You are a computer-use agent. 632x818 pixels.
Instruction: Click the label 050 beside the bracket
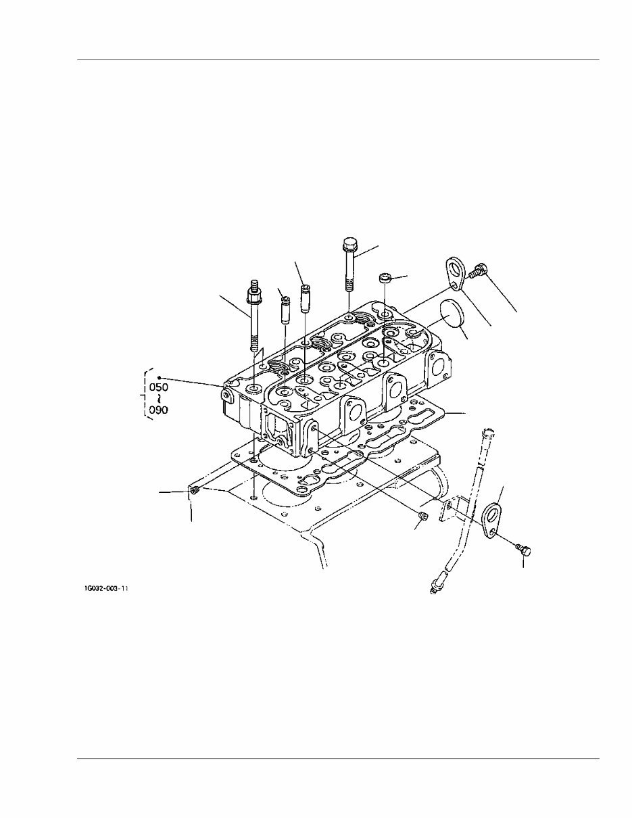pyautogui.click(x=158, y=387)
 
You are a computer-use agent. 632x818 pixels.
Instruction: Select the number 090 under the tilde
pyautogui.click(x=158, y=410)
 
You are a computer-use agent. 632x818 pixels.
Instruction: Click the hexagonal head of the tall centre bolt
pyautogui.click(x=349, y=243)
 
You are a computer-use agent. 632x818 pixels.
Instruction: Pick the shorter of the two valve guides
pyautogui.click(x=285, y=311)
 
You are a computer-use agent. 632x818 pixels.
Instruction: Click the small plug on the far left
pyautogui.click(x=194, y=490)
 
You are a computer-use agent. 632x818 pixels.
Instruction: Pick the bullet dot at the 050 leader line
pyautogui.click(x=157, y=378)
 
